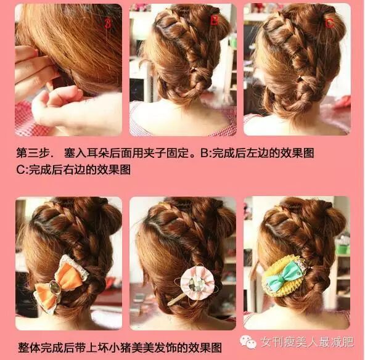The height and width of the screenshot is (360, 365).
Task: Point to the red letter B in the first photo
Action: (x=107, y=23)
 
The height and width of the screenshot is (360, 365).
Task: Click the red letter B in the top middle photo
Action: (x=215, y=20)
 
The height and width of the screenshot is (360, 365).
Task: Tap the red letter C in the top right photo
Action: (x=330, y=23)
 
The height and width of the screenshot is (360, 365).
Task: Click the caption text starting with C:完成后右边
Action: (x=73, y=170)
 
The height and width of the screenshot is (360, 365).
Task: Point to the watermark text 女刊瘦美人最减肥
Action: (x=307, y=342)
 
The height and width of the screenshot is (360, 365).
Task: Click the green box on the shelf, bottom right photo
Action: (x=344, y=248)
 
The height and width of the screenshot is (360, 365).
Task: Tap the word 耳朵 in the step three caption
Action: (x=98, y=153)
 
